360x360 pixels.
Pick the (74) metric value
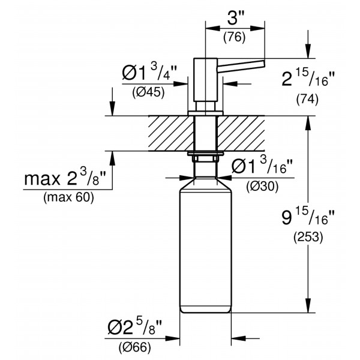(308, 101)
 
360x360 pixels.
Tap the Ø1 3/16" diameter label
(263, 167)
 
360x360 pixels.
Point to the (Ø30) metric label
(262, 187)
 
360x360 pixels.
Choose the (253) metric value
(308, 238)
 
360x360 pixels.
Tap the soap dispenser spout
(243, 65)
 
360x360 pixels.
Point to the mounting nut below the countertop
(205, 157)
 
